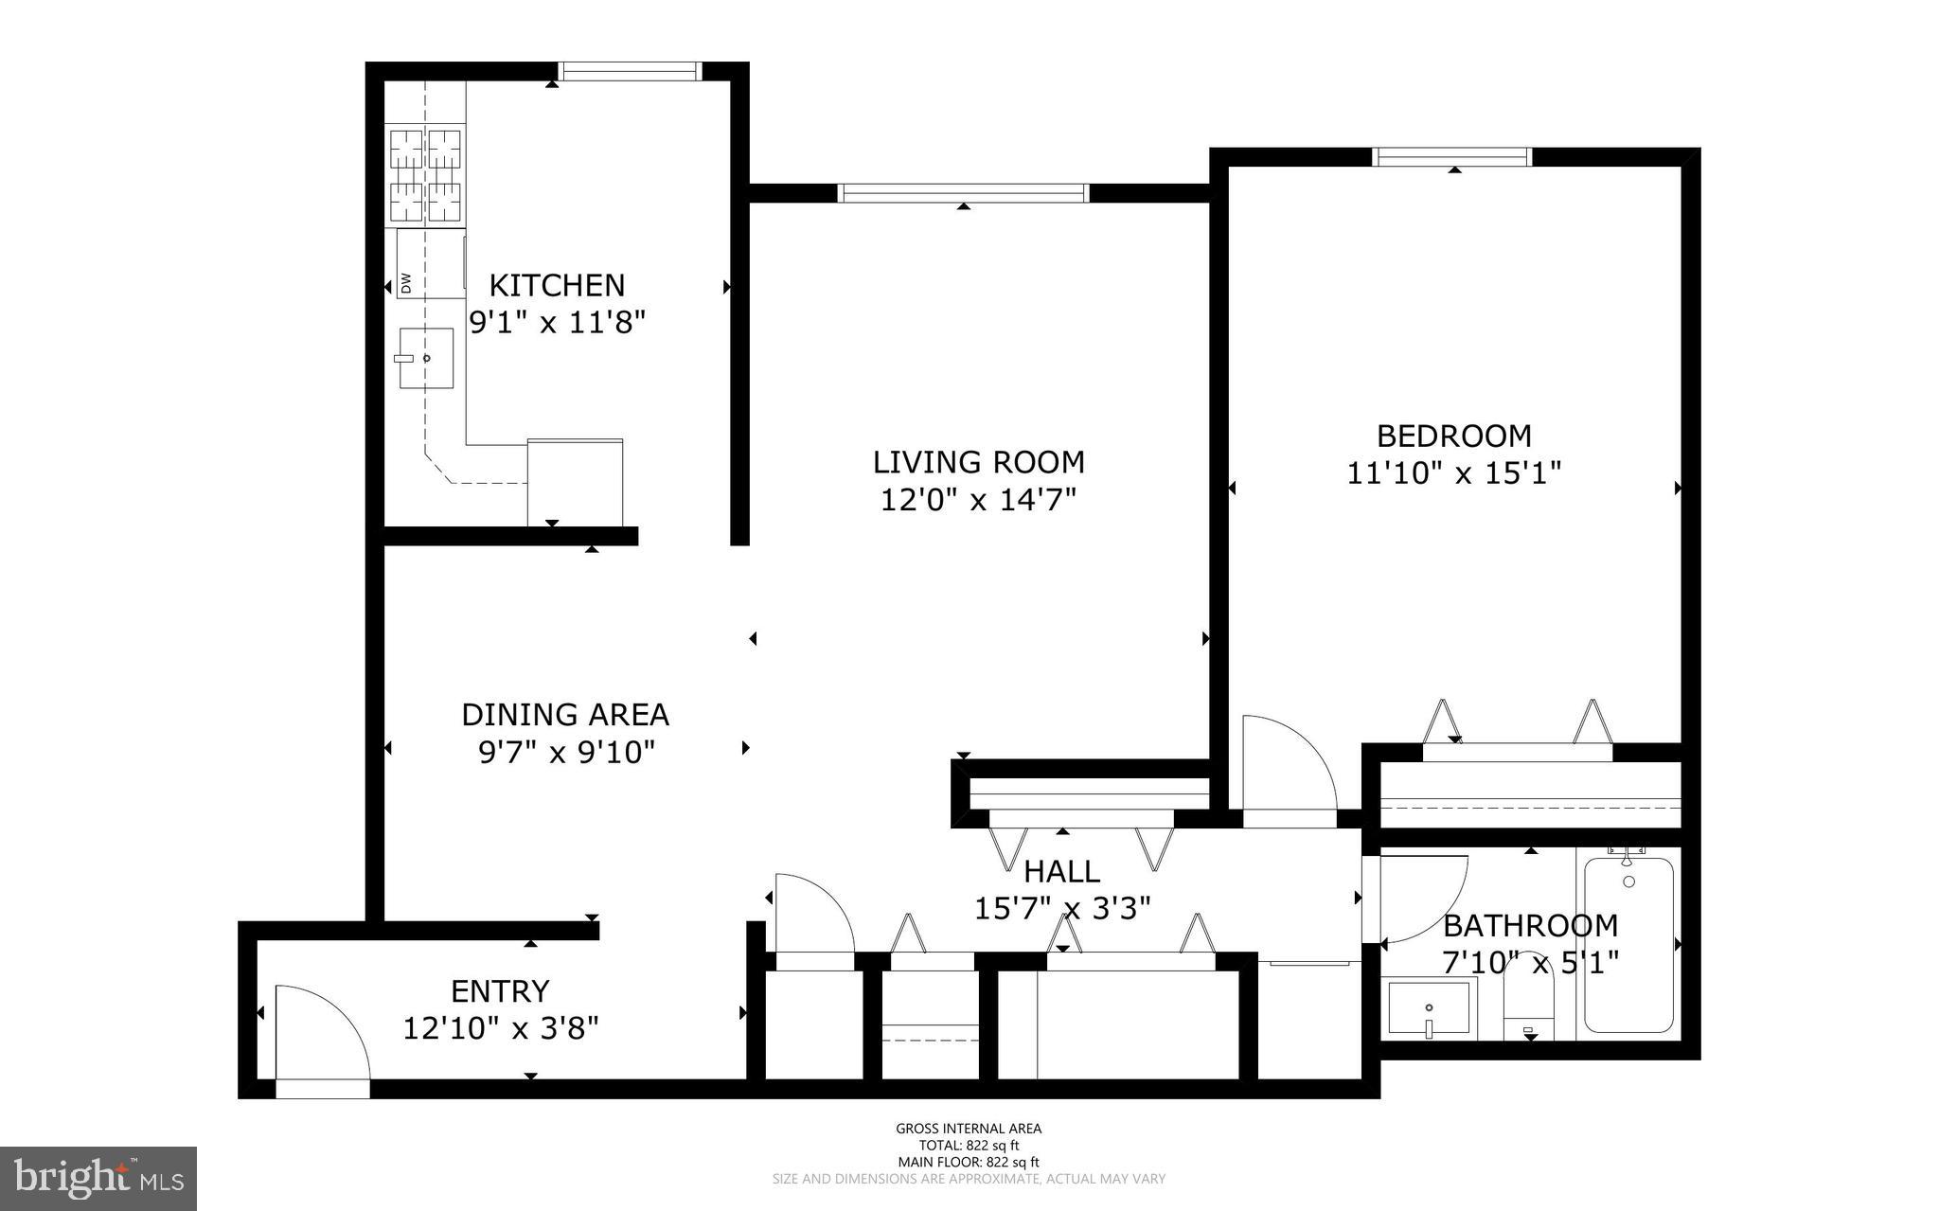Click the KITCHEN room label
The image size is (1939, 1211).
[x=557, y=285]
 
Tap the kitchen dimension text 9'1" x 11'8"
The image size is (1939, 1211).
[x=557, y=323]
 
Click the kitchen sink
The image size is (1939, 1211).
[x=425, y=358]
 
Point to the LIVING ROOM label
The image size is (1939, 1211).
[x=978, y=462]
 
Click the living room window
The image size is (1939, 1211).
[x=963, y=193]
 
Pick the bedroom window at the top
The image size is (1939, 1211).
[x=1452, y=156]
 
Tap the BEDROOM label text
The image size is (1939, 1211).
[x=1453, y=436]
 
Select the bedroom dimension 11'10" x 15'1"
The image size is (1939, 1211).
[x=1453, y=472]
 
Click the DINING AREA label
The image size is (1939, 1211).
[x=565, y=714]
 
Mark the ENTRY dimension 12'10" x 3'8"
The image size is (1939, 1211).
[x=501, y=1028]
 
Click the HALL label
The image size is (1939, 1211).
[x=1062, y=871]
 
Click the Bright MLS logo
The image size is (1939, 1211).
[x=98, y=1179]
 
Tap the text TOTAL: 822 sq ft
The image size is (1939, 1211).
[x=969, y=1145]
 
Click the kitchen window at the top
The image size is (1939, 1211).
[x=630, y=71]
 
